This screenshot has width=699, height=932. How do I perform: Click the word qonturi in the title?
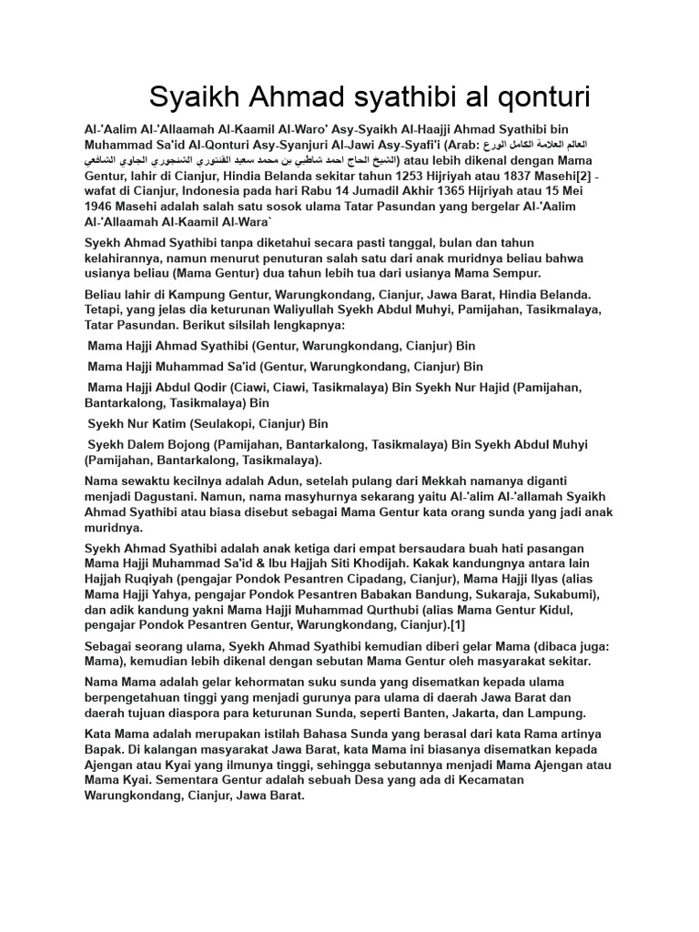(x=535, y=96)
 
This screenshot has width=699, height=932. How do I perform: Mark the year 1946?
(x=101, y=207)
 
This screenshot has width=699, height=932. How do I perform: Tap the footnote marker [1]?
(x=456, y=624)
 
